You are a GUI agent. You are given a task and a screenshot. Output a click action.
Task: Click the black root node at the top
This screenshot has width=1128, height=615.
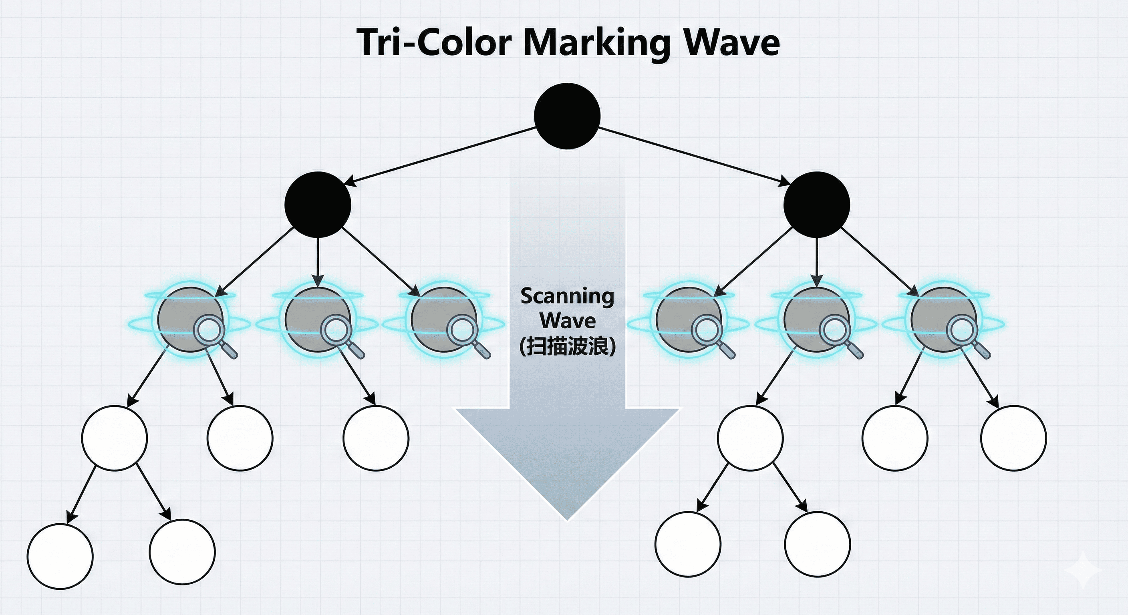567,116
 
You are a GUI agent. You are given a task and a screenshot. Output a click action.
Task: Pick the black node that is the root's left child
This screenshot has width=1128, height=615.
318,205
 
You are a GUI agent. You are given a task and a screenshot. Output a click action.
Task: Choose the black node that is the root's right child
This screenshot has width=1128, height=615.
817,205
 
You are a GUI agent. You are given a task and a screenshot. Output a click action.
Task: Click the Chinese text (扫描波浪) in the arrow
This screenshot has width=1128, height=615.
568,347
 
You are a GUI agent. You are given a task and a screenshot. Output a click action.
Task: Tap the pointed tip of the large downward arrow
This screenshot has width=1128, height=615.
568,517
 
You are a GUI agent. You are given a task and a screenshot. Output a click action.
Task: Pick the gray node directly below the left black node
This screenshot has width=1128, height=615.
318,320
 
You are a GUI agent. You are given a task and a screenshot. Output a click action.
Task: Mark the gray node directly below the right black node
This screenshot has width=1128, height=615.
817,320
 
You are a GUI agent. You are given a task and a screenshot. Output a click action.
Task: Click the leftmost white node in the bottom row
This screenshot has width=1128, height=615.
60,556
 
